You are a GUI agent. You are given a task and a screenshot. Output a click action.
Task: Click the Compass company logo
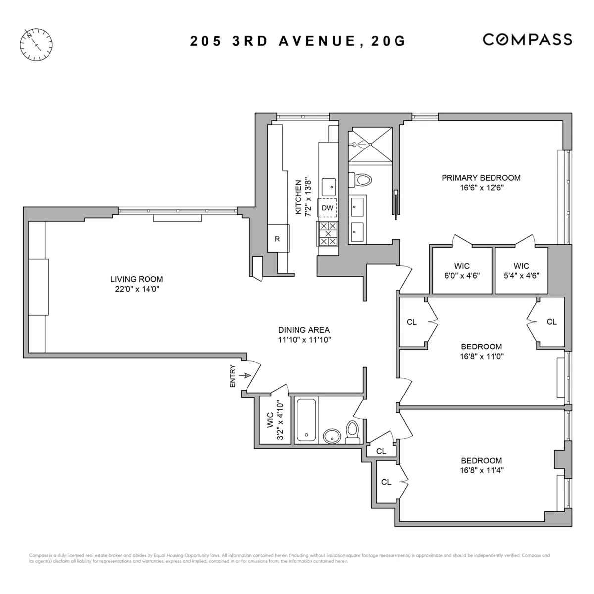click(x=527, y=40)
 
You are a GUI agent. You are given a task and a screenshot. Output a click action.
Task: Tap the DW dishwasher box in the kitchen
click(x=327, y=208)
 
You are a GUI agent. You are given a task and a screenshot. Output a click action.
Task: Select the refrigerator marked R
click(x=277, y=239)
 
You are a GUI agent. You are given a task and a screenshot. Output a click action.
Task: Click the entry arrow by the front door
click(x=244, y=376)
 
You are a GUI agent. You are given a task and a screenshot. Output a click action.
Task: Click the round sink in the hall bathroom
click(x=332, y=436)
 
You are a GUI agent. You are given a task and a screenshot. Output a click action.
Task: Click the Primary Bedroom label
click(x=481, y=178)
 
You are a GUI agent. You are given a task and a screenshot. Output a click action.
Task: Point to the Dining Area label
click(x=303, y=330)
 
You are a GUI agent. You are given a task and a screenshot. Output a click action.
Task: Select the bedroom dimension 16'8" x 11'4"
click(x=482, y=471)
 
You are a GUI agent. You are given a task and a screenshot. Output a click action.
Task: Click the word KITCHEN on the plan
click(x=298, y=197)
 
